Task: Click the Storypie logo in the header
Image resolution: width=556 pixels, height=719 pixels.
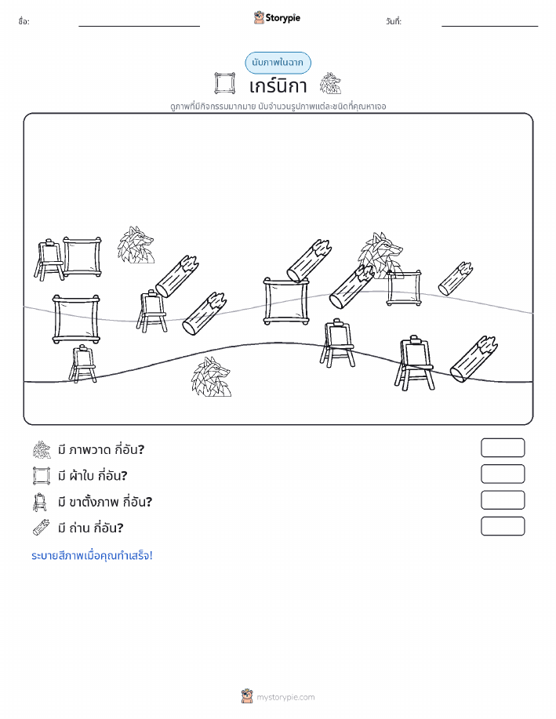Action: tap(277, 18)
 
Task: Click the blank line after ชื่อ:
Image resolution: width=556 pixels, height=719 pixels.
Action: tap(139, 26)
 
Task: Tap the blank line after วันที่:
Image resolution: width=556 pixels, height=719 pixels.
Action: tap(489, 26)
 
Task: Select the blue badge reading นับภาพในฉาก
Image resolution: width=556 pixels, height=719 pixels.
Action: tap(278, 63)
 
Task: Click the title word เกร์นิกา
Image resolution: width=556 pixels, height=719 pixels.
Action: tap(278, 85)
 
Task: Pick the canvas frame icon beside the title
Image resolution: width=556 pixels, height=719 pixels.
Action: tap(225, 83)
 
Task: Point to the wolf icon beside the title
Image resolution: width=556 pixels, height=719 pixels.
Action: tap(330, 83)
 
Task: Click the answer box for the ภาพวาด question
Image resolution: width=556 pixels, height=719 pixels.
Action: tap(503, 448)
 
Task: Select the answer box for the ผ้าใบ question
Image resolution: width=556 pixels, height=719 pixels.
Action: tap(503, 474)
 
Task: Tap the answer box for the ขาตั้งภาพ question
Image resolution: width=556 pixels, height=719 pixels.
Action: tap(503, 500)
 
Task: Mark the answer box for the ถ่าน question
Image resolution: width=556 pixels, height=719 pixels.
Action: tap(503, 526)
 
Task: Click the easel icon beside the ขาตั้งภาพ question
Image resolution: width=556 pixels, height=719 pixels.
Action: tap(40, 502)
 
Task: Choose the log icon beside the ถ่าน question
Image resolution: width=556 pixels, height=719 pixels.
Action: tap(42, 528)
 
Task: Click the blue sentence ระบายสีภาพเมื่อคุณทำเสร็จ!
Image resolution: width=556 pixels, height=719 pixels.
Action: tap(92, 556)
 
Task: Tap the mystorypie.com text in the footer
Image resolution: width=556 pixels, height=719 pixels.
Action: tap(285, 698)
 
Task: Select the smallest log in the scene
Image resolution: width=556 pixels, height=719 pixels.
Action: tap(456, 279)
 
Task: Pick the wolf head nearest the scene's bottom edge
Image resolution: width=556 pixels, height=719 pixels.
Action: tap(211, 377)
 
